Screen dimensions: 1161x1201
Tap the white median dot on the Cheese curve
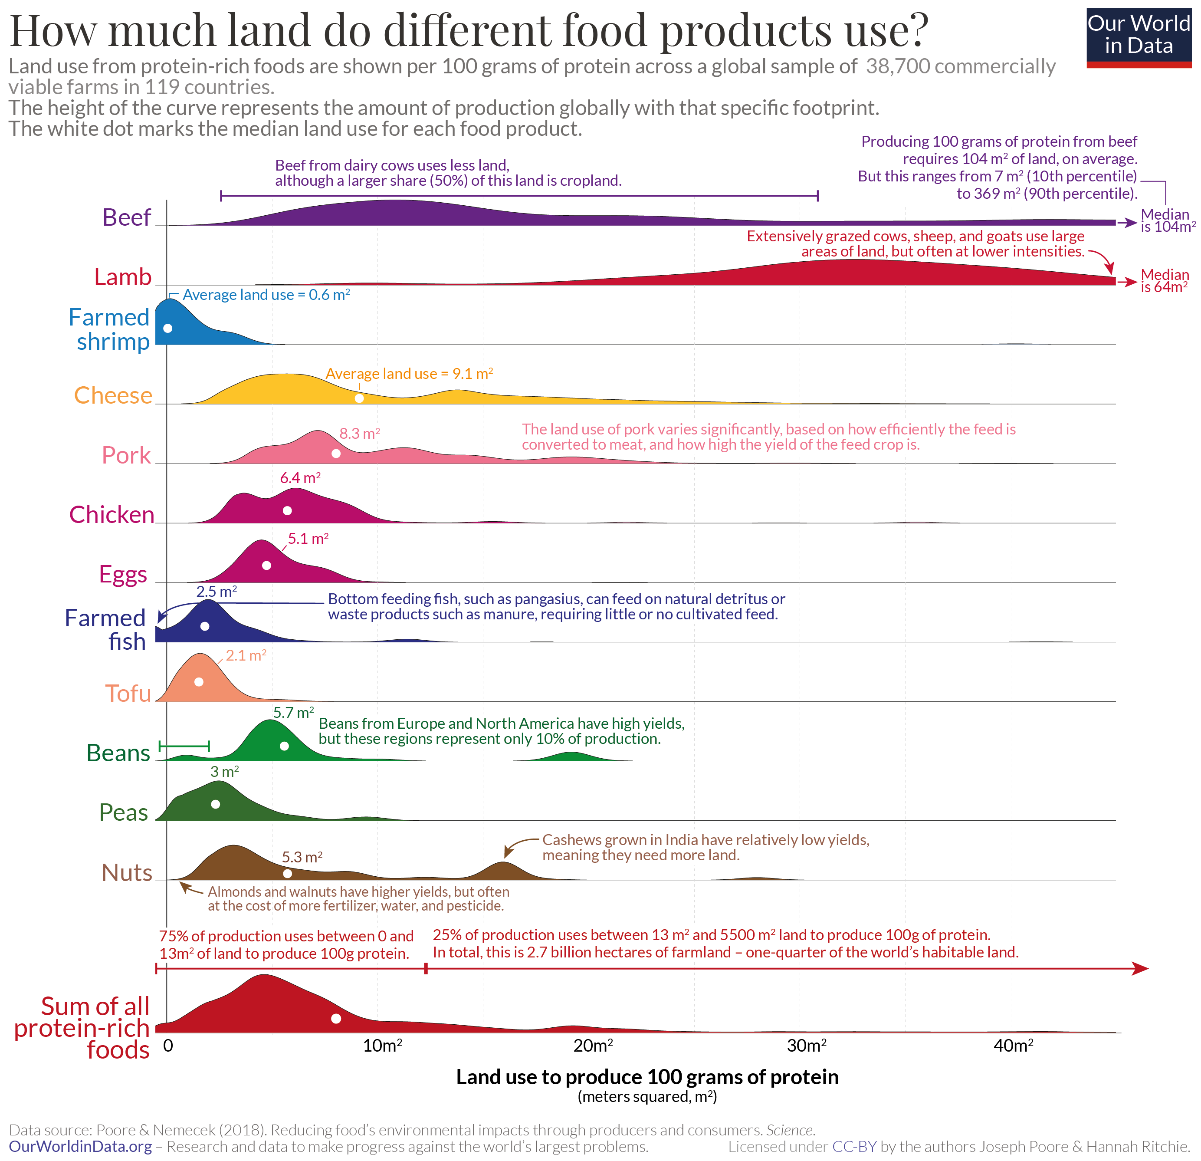359,398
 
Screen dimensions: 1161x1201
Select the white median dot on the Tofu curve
199,682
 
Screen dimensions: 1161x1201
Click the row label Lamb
122,277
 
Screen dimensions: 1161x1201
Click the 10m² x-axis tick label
382,1046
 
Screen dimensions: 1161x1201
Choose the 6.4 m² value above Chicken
300,477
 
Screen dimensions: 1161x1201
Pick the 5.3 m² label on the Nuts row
302,857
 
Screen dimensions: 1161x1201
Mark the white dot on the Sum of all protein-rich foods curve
336,1019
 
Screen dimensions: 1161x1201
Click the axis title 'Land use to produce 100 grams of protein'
646,1077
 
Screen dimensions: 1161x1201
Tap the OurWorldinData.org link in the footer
80,1146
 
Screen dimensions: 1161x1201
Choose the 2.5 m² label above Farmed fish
217,592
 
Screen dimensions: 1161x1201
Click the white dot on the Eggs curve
266,565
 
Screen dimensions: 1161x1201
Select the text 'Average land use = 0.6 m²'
266,295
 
